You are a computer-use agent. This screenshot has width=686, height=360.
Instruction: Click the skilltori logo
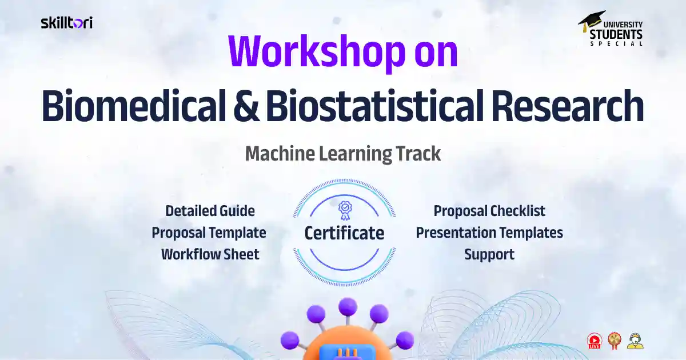(66, 23)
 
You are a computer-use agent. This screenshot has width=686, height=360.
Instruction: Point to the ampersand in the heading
(244, 107)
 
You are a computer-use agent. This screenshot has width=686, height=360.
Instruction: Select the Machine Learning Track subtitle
(343, 154)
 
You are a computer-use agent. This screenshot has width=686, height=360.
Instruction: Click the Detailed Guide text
(210, 211)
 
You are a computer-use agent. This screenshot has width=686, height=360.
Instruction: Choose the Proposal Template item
(209, 233)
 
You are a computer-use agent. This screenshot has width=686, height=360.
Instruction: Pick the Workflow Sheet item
(210, 254)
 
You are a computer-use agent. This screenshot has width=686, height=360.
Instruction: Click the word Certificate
(344, 233)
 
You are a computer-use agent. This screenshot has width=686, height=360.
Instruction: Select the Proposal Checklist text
(489, 211)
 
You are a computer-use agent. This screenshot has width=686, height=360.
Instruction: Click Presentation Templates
(489, 233)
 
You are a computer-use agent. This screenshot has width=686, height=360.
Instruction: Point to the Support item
(489, 254)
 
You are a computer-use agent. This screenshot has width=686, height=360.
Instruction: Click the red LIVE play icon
(595, 341)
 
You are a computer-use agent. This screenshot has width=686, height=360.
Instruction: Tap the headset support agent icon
(635, 341)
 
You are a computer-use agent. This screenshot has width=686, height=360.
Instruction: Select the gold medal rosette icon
(615, 341)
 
